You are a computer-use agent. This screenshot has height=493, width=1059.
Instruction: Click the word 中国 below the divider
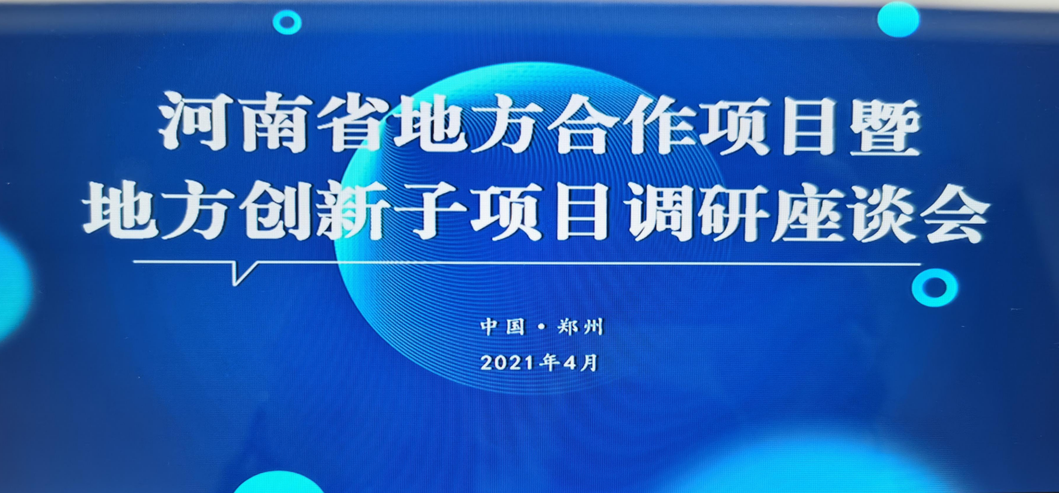pos(502,326)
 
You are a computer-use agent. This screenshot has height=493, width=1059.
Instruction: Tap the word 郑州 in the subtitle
pos(580,327)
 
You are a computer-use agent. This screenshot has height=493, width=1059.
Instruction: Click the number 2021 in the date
pos(508,363)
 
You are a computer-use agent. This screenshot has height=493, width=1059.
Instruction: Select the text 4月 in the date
pos(580,363)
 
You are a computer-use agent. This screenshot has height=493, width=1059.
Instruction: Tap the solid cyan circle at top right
pos(899,19)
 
